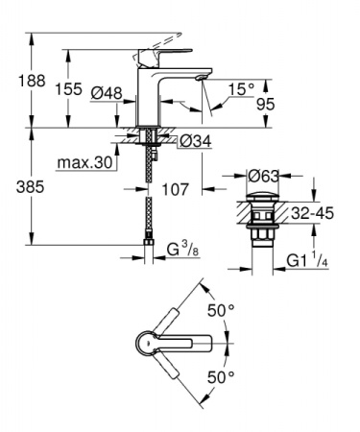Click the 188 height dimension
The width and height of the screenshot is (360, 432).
point(18,84)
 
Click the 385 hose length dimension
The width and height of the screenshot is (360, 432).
point(18,189)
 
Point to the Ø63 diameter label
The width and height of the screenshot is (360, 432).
point(264,176)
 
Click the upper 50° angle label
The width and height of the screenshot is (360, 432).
point(223,310)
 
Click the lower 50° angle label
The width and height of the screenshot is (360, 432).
point(223,377)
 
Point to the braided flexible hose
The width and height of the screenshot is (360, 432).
point(150,197)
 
